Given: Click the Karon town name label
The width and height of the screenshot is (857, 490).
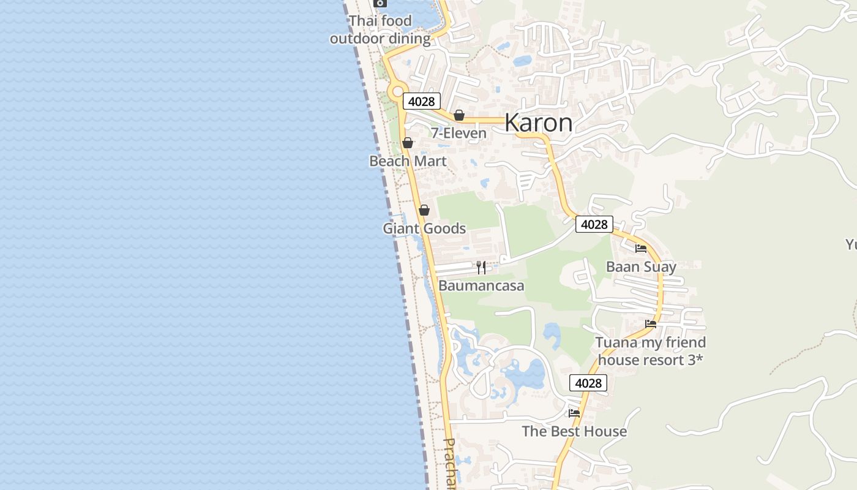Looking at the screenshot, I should tap(539, 123).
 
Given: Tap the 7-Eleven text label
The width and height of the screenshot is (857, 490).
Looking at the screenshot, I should tap(458, 134).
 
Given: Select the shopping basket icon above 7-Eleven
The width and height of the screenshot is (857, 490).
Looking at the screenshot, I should tap(459, 115).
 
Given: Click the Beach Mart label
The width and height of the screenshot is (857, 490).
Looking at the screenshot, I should tap(408, 161).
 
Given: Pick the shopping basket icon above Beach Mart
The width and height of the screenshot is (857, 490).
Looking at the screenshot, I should tap(408, 143).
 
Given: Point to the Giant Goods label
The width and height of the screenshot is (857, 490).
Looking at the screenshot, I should tap(424, 228).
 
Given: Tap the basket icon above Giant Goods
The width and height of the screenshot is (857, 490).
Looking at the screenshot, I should tap(424, 210).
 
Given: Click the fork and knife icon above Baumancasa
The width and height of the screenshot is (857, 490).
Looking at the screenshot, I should tap(481, 267).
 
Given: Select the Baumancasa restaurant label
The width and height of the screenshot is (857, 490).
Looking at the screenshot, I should tap(481, 286).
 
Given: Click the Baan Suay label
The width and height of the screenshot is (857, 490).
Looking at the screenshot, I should tap(641, 267).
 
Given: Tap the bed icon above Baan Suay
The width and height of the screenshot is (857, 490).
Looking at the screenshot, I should tap(641, 248).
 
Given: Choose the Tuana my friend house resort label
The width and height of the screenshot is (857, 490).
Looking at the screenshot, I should tap(651, 351).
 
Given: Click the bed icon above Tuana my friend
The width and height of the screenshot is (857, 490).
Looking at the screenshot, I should tap(651, 323).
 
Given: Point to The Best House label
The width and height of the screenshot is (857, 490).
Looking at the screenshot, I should tap(574, 431).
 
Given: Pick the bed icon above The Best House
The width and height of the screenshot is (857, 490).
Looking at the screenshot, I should tap(574, 413).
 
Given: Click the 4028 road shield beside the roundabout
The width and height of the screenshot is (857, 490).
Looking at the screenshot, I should tap(422, 101).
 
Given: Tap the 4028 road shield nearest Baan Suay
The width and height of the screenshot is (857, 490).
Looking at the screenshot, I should tap(594, 224).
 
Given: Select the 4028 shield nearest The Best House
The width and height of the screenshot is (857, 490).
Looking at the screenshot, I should tap(588, 383).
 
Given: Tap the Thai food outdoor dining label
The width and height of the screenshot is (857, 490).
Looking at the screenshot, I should tap(380, 30).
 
